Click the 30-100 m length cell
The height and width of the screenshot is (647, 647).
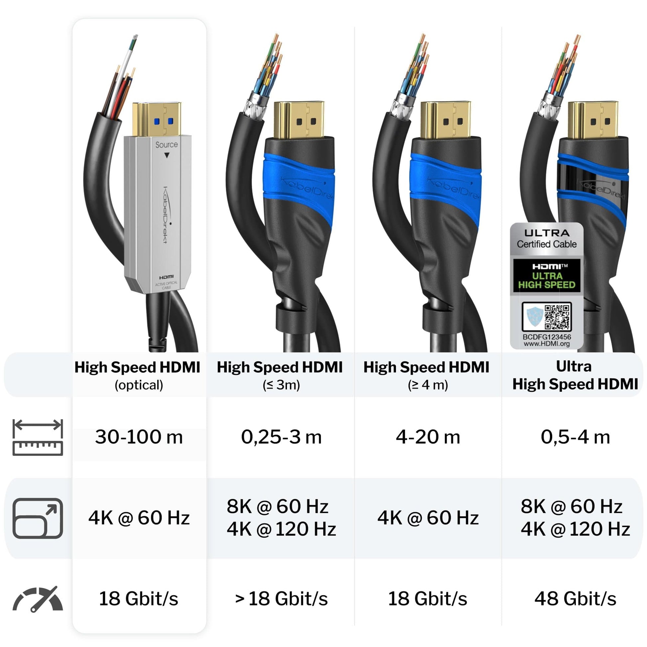point(139,437)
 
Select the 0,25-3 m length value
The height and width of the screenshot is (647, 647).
point(281,437)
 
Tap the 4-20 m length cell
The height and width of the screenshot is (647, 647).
point(428,437)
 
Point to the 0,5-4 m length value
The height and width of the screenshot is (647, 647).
point(575,437)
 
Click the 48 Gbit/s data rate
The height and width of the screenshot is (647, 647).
point(575,598)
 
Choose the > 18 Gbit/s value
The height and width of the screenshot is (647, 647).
point(281,598)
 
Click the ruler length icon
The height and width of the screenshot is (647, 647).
point(38,437)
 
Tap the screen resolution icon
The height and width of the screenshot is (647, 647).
point(38,518)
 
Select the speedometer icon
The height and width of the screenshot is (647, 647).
point(38,599)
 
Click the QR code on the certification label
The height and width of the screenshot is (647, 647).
point(557,317)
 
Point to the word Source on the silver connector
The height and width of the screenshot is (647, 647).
point(167,145)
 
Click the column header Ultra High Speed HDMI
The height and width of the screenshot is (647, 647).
point(575,375)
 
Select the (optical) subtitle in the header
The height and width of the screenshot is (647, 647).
point(139,385)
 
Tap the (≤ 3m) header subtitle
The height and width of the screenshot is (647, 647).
point(281,385)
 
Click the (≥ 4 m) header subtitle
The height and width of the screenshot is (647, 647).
point(428,385)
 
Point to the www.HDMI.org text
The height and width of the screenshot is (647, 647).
point(547,343)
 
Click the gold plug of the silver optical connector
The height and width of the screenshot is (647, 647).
point(157,119)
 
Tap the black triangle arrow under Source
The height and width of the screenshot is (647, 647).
point(167,155)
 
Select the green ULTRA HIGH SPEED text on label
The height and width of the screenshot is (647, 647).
point(547,280)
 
